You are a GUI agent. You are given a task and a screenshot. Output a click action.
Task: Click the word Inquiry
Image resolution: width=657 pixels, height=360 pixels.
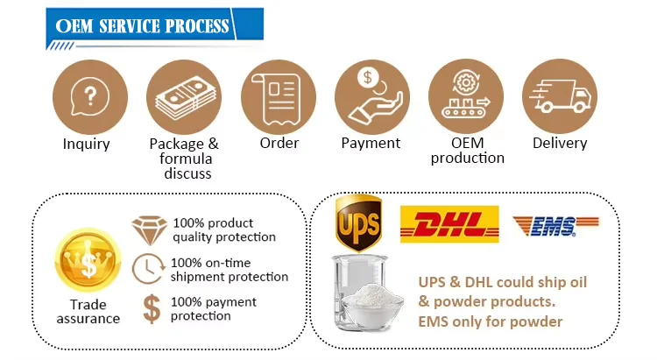(87, 144)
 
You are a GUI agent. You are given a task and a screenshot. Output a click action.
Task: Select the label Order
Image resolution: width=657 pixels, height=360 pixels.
(279, 143)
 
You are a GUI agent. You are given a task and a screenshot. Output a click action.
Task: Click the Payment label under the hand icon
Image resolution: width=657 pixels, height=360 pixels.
(371, 143)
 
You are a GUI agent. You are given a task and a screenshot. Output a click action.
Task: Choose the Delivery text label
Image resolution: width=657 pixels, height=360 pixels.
(560, 143)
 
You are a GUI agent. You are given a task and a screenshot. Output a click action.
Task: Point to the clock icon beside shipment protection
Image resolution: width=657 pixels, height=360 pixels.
(148, 269)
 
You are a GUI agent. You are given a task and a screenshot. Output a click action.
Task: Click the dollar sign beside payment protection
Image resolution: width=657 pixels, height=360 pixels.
(151, 308)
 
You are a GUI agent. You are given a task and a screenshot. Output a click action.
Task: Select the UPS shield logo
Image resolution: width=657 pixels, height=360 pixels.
(359, 223)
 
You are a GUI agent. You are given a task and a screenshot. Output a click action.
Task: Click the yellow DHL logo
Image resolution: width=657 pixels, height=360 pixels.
(449, 224)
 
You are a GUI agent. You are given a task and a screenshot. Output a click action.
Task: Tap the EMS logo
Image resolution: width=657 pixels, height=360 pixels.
(544, 225)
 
